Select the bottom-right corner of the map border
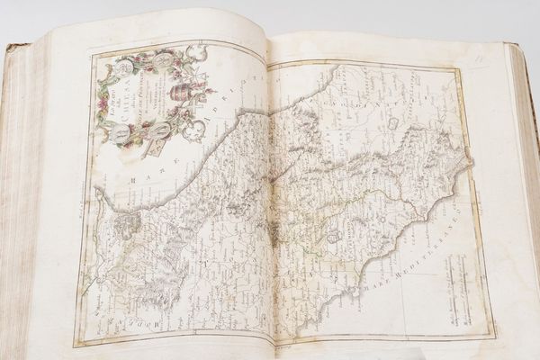click(x=494, y=335)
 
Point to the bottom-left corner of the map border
click(x=76, y=342)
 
